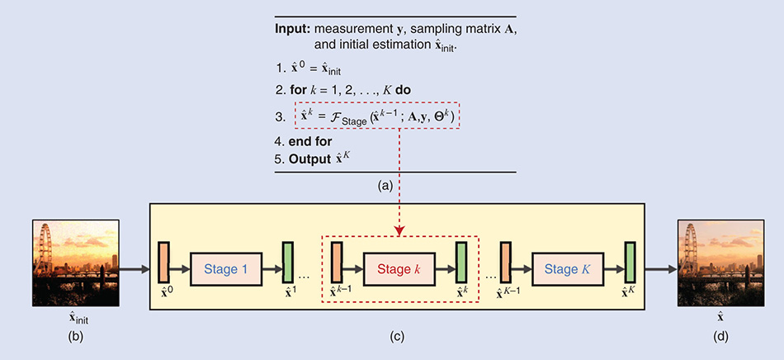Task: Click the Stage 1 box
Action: (225, 268)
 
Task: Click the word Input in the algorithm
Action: (292, 28)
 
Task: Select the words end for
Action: (309, 140)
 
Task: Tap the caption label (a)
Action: (385, 187)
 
